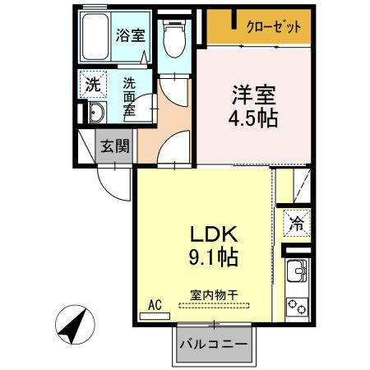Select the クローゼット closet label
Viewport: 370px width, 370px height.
tap(274, 26)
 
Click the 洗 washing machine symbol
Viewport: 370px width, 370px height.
tap(93, 84)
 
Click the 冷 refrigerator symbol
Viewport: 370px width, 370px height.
tap(297, 221)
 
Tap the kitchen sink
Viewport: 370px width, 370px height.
tap(297, 271)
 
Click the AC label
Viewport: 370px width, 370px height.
tap(154, 305)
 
